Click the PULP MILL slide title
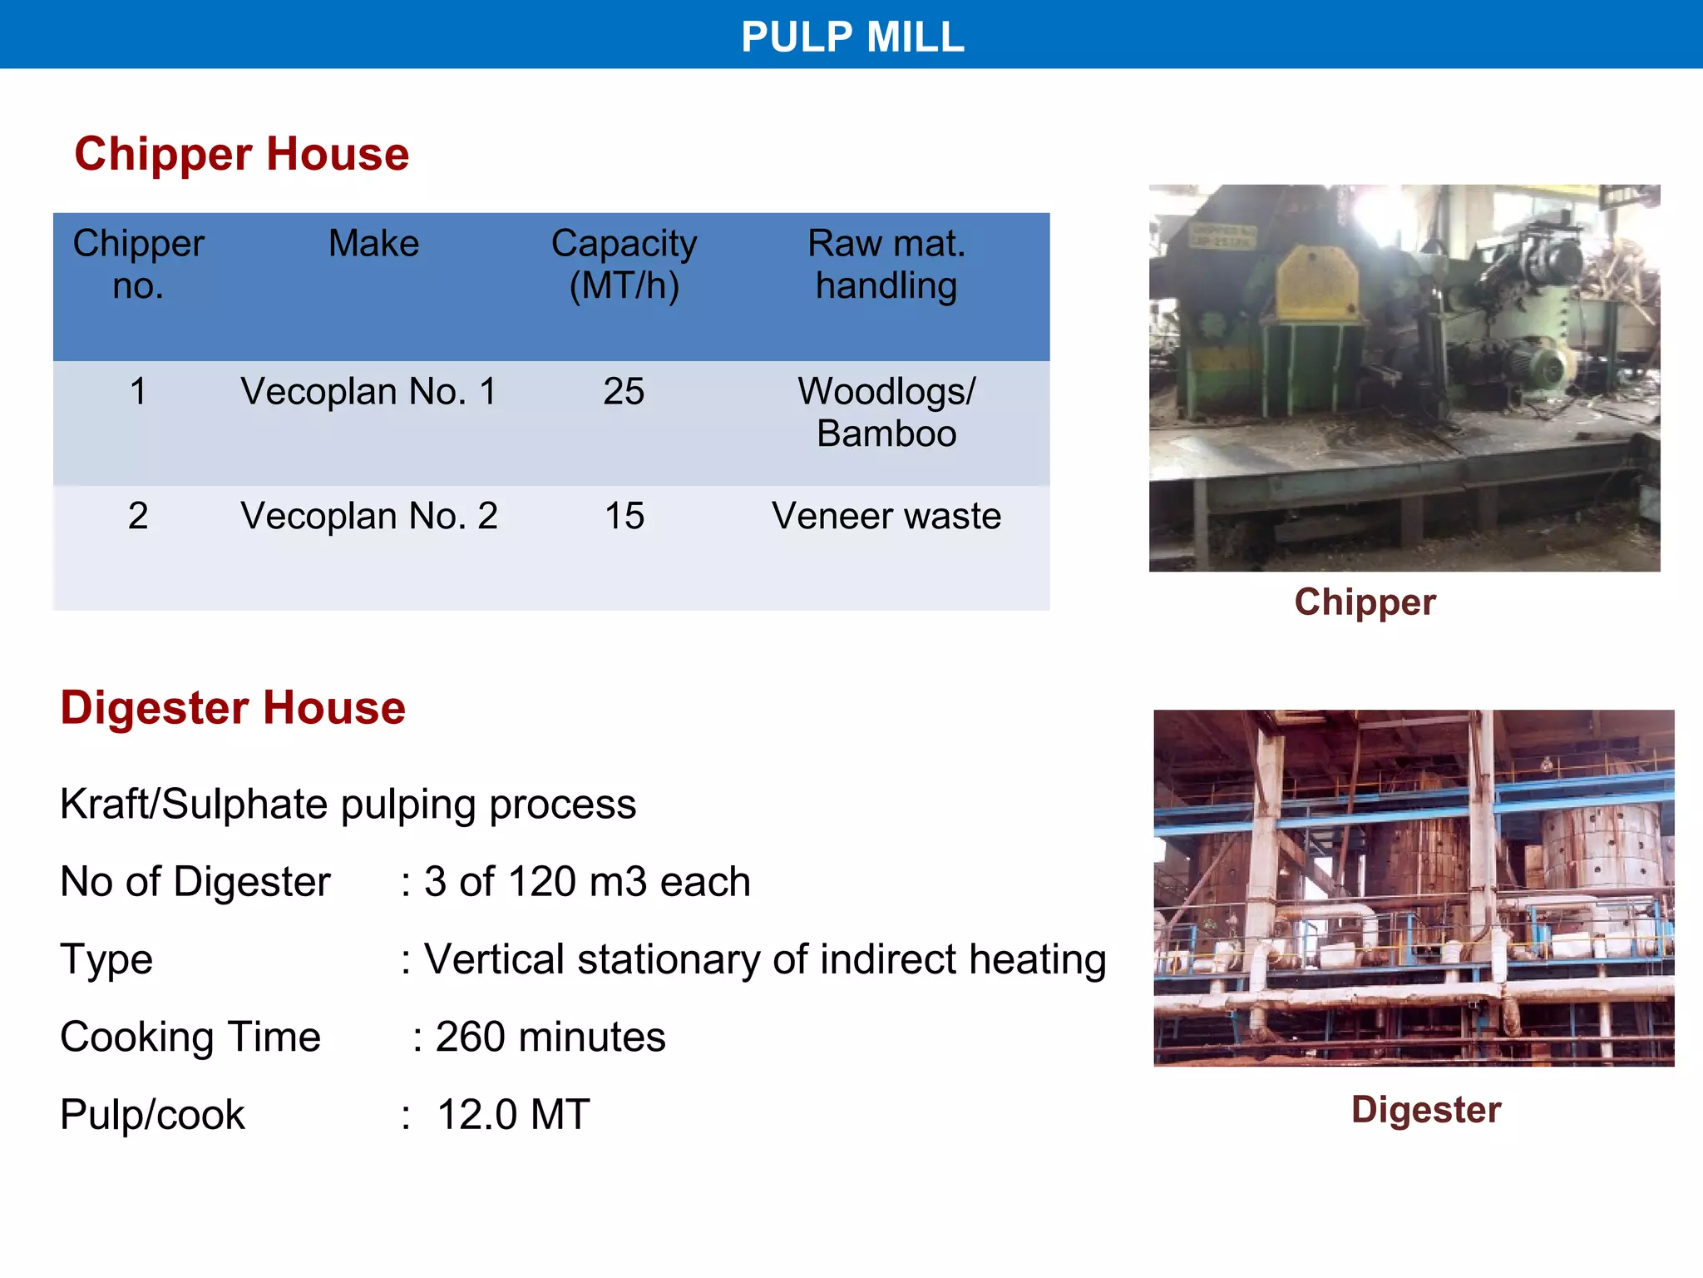[852, 37]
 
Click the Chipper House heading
[242, 154]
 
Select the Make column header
[373, 244]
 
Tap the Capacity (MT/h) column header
[624, 264]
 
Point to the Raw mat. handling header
[886, 264]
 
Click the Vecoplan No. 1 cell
[368, 391]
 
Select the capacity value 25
[624, 391]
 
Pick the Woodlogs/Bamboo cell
[886, 412]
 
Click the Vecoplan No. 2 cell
[368, 516]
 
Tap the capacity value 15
[624, 516]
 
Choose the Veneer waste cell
[886, 516]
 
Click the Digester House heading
[233, 708]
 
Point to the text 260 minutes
[550, 1037]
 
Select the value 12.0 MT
[513, 1114]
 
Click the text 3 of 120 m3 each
[587, 882]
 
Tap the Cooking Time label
[190, 1037]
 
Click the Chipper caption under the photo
[1365, 602]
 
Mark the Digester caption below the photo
[1425, 1109]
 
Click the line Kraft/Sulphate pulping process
[348, 805]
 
